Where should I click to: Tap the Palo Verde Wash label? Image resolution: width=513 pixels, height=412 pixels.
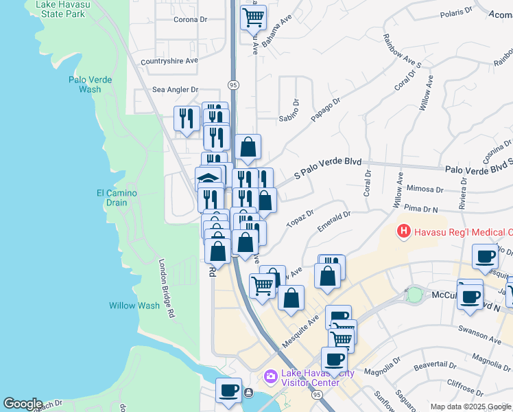(85, 84)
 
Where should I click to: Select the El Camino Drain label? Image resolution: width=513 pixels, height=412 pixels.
(117, 198)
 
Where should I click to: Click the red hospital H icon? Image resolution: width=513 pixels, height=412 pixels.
(404, 231)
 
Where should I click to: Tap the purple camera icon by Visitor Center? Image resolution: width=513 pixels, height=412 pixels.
(270, 376)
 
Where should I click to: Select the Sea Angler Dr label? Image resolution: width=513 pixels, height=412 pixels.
(175, 89)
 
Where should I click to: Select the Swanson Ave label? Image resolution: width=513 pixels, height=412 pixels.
(482, 339)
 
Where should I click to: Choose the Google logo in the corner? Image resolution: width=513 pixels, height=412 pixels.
(23, 404)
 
